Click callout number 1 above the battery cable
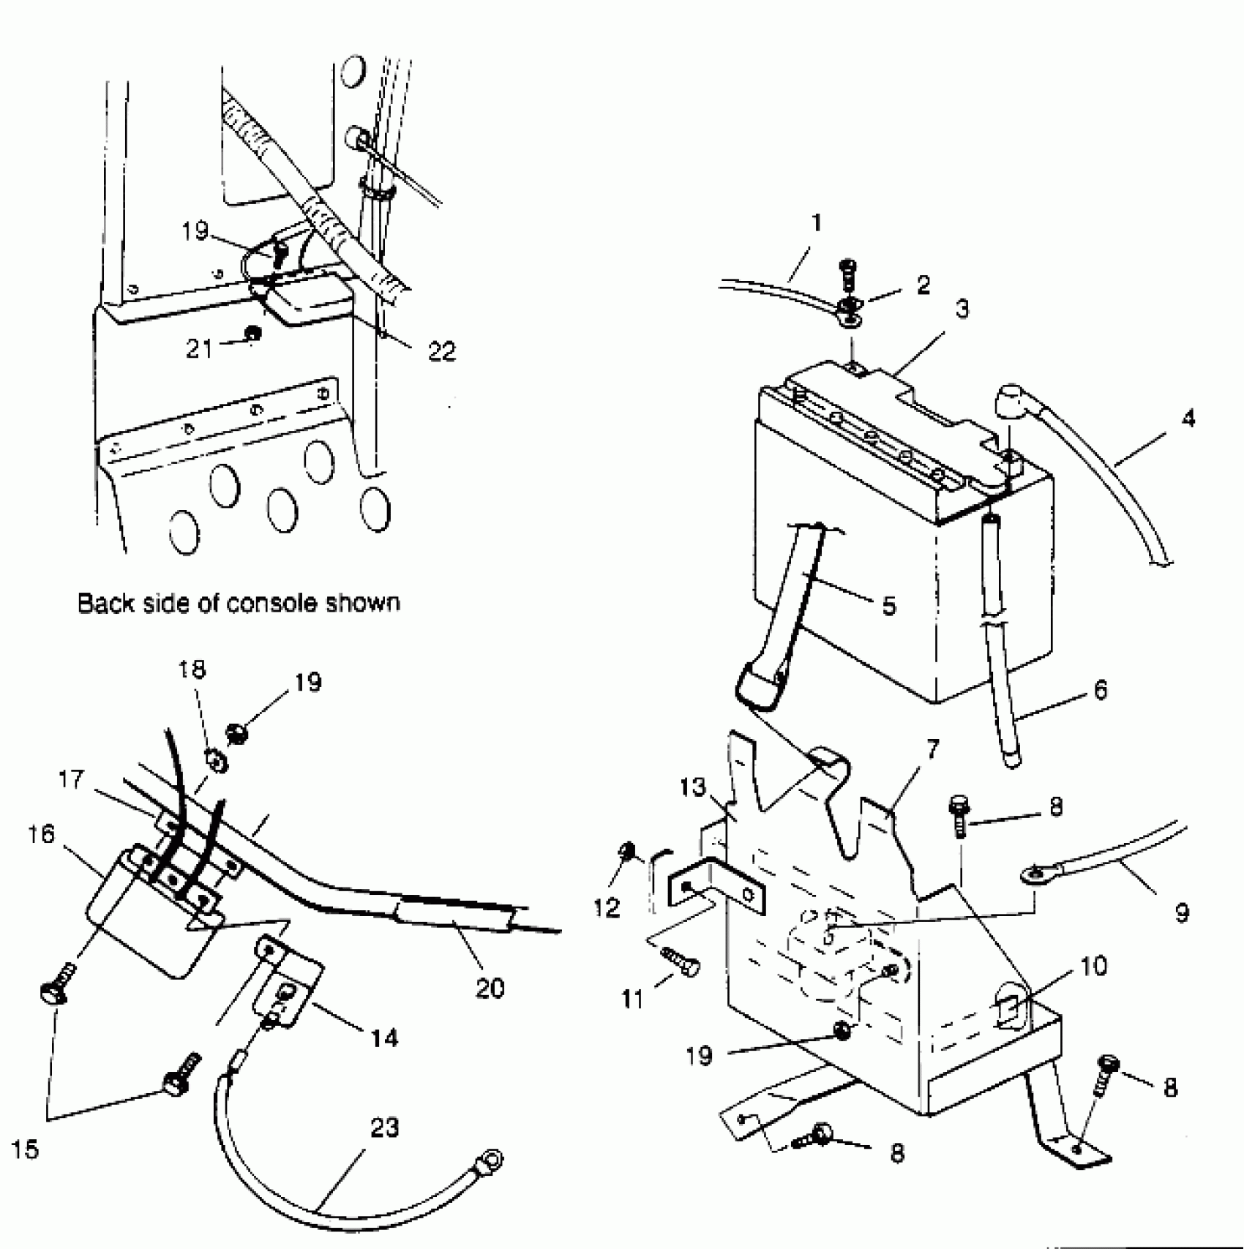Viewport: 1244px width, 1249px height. pyautogui.click(x=817, y=223)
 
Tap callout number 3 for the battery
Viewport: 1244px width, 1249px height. pyautogui.click(x=962, y=310)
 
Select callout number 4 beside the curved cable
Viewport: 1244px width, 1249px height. pyautogui.click(x=1188, y=419)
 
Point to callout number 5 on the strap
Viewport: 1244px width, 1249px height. pyautogui.click(x=888, y=606)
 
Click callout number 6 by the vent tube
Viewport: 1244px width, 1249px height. pyautogui.click(x=1100, y=689)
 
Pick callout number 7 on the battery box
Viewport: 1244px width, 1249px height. pyautogui.click(x=932, y=750)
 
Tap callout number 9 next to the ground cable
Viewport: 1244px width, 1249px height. pyautogui.click(x=1181, y=912)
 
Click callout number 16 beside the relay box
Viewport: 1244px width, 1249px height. pyautogui.click(x=42, y=833)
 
